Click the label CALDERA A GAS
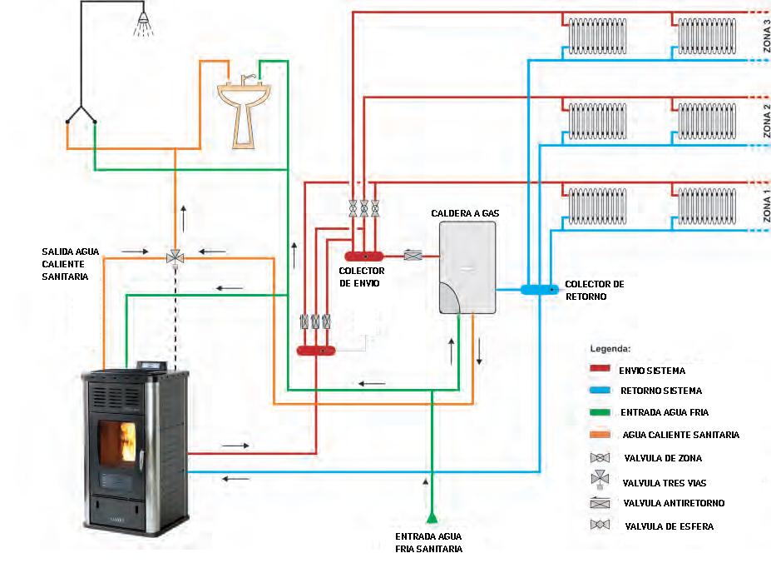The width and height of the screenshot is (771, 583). click(465, 214)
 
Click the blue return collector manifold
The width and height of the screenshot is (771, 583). click(540, 289)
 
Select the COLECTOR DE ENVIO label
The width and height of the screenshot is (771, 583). click(359, 277)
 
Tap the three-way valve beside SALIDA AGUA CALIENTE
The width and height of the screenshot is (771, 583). click(175, 257)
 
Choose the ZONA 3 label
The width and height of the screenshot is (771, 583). click(766, 40)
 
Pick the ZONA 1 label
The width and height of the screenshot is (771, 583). click(766, 205)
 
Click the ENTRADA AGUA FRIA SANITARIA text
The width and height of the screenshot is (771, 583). click(428, 542)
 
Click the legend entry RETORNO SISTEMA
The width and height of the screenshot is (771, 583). click(660, 391)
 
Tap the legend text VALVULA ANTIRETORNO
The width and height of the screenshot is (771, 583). click(673, 503)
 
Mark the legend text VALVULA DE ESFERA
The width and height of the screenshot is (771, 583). click(668, 526)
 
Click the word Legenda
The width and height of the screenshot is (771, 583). click(610, 347)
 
